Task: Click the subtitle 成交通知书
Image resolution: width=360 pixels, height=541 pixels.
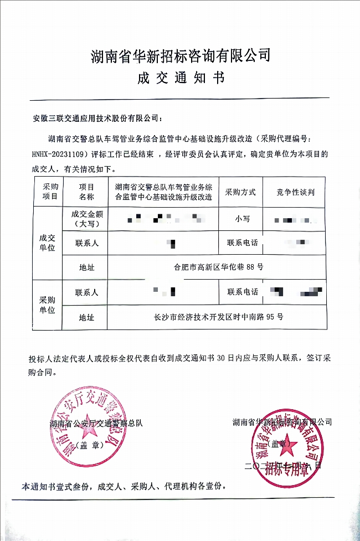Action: pyautogui.click(x=181, y=78)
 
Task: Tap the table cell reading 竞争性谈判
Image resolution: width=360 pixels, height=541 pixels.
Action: pyautogui.click(x=296, y=192)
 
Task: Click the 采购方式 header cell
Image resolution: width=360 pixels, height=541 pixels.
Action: pyautogui.click(x=240, y=192)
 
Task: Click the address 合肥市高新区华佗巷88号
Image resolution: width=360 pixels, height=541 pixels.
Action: pyautogui.click(x=218, y=267)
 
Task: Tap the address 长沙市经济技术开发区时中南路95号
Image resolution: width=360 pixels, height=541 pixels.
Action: pyautogui.click(x=218, y=317)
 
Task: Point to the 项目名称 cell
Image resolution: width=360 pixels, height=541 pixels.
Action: pyautogui.click(x=86, y=192)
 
